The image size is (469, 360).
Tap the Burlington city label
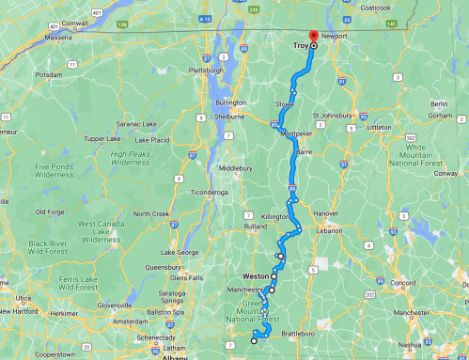coord(230,102)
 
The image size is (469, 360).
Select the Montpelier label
coord(298,134)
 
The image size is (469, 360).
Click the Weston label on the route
coord(256,276)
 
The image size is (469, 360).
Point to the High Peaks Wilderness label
coord(132,157)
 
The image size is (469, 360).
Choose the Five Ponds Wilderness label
coord(55,171)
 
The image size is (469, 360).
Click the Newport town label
coord(334,36)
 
